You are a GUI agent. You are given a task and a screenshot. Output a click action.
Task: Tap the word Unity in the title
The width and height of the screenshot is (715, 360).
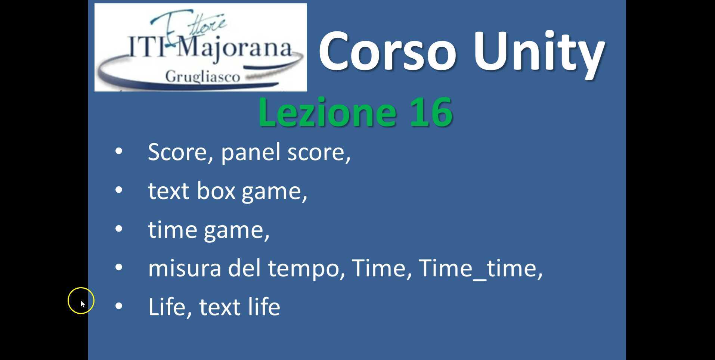[x=538, y=51]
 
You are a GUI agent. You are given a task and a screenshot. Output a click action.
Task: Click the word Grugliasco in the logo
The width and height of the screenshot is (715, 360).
[x=202, y=77]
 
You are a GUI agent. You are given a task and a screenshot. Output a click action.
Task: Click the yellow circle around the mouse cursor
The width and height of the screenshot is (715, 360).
[x=81, y=301]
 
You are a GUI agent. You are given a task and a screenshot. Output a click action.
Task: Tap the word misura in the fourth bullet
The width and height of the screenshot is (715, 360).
[x=185, y=268]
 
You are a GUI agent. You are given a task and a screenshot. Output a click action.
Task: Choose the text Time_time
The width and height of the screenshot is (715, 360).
[x=480, y=268]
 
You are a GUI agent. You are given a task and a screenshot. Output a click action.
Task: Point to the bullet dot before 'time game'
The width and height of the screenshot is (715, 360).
[x=119, y=229]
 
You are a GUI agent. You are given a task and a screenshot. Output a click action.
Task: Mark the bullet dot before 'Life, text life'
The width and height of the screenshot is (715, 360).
[x=119, y=306]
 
